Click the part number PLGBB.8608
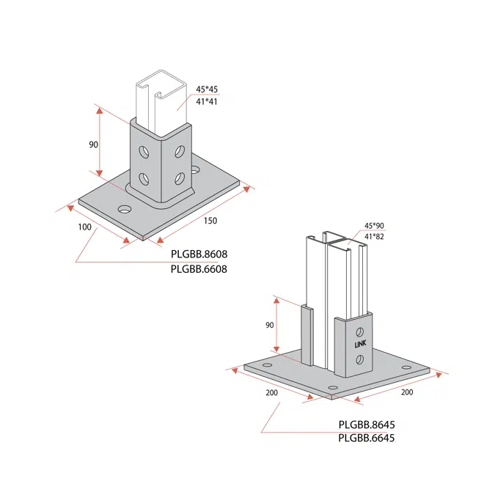coord(199,254)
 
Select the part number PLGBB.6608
coord(199,268)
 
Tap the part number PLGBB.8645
coord(367,425)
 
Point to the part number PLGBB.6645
coord(367,439)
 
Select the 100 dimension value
coord(84,227)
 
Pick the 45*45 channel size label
coord(206,89)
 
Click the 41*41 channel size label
coord(206,102)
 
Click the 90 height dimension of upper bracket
coord(93,145)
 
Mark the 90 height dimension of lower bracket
coord(270,325)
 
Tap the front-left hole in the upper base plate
coord(125,210)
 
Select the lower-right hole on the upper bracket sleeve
coord(178,178)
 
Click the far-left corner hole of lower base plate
coord(267,364)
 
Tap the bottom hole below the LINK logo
coord(359,359)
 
